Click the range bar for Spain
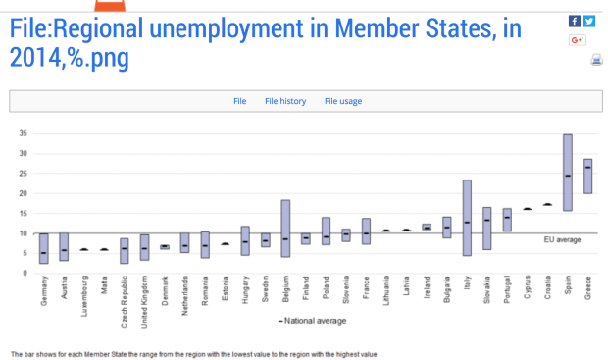567,173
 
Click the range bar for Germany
43,248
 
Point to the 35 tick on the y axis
23,133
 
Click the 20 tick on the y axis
23,193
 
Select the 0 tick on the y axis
25,273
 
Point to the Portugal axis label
507,291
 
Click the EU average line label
562,240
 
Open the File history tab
284,101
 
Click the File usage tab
343,101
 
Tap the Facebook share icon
575,21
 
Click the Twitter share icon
589,21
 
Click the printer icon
596,60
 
